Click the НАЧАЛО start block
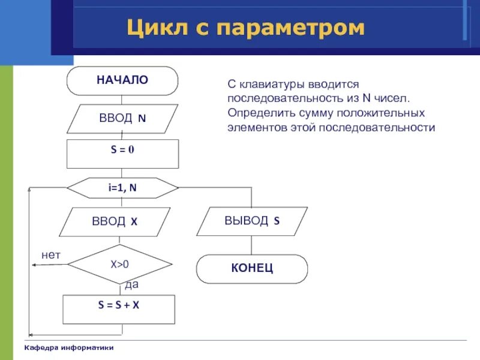click(122, 80)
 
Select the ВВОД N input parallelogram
click(122, 118)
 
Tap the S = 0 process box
click(122, 154)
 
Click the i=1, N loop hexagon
click(122, 188)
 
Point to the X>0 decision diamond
click(120, 264)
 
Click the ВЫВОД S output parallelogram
click(252, 221)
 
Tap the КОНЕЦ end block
click(252, 268)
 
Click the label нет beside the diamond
click(51, 255)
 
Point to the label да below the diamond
click(131, 284)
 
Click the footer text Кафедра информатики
click(69, 349)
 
